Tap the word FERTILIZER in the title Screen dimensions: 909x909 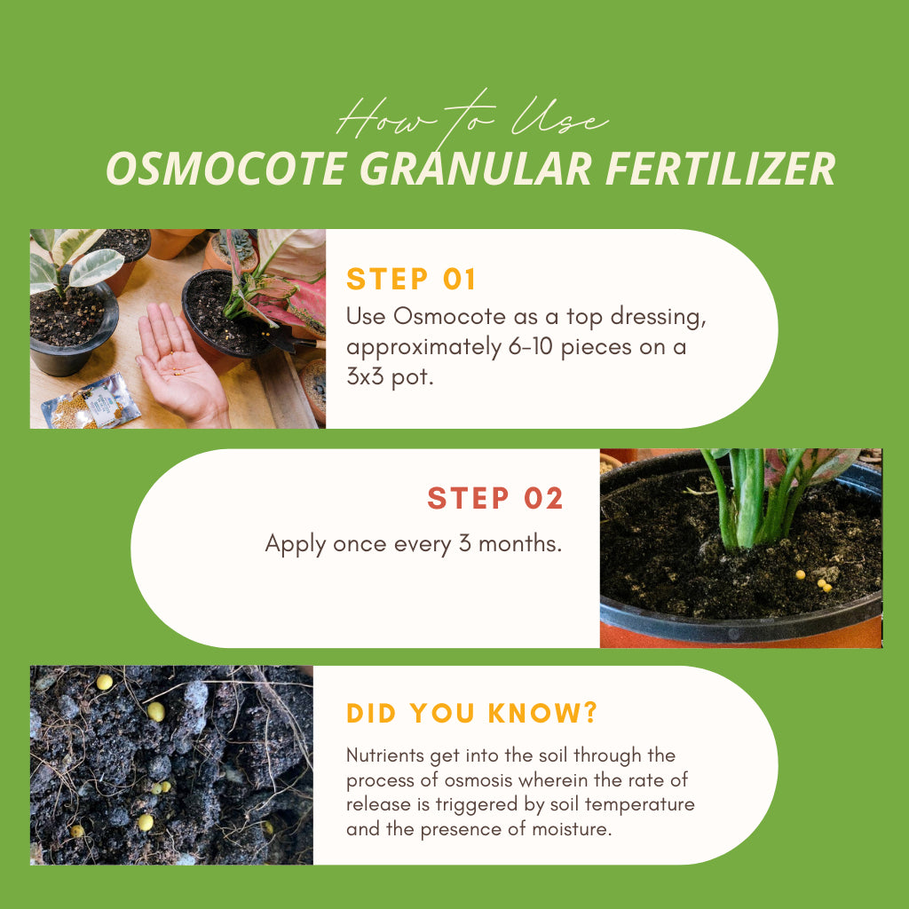click(x=721, y=169)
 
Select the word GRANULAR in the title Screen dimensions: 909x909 click(x=475, y=169)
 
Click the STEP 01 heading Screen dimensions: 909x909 click(x=411, y=280)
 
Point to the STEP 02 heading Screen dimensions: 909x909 click(x=495, y=499)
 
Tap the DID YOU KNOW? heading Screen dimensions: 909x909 click(x=472, y=713)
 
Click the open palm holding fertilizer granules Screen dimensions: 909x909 click(x=178, y=360)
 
